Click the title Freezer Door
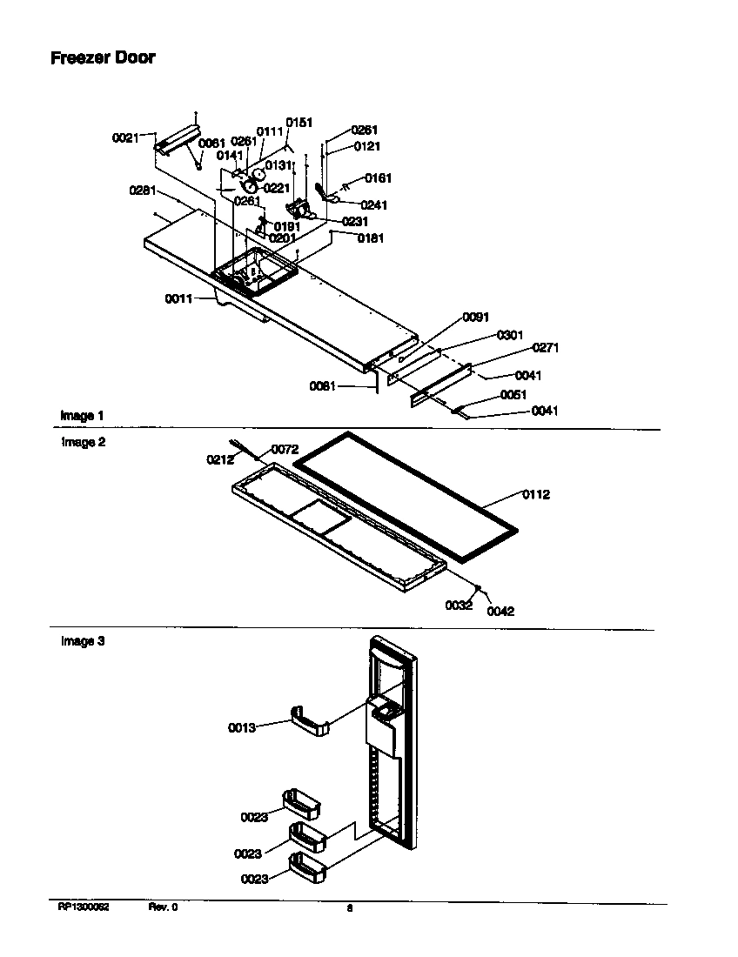tap(103, 58)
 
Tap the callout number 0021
tap(125, 137)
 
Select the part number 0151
tap(299, 124)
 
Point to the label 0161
tap(378, 178)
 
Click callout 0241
tap(373, 205)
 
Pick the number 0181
tap(370, 238)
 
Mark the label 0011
tap(178, 298)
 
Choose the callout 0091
tap(475, 318)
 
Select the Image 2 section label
tap(83, 442)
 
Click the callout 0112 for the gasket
tap(536, 495)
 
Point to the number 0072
tap(285, 450)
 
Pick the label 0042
tap(500, 611)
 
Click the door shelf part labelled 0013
tap(312, 721)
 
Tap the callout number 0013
tap(242, 727)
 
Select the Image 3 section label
tap(83, 641)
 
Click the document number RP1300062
tap(84, 907)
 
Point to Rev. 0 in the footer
tap(163, 907)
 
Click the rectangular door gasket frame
tap(405, 483)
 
